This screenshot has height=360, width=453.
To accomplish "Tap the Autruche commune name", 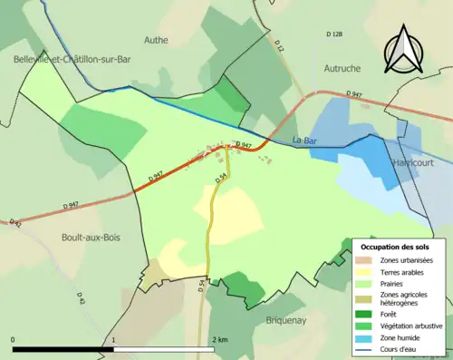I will click(x=342, y=68).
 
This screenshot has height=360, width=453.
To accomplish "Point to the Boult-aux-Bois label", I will click(x=92, y=237).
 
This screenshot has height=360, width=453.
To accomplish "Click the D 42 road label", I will click(x=81, y=298).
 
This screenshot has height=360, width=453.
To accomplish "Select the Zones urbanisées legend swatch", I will click(x=370, y=260).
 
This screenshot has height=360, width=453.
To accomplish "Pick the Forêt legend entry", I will click(x=390, y=314).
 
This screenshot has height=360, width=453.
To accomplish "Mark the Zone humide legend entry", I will click(x=403, y=337).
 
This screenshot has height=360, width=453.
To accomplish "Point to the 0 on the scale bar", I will click(x=14, y=339).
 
